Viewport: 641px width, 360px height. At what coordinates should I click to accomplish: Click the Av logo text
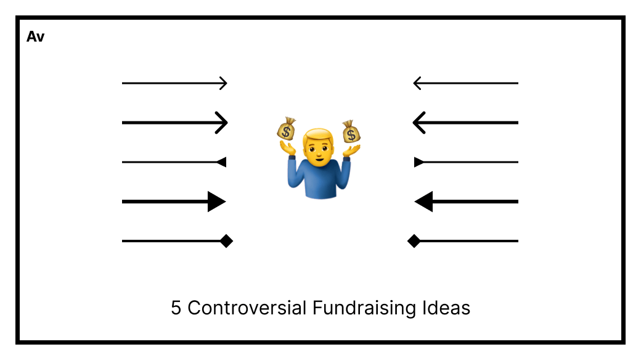point(36,37)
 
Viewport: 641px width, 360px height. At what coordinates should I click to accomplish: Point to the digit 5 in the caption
point(176,308)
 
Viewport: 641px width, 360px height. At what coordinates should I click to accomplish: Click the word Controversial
point(247,308)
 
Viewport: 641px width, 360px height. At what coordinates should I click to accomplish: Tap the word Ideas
point(446,308)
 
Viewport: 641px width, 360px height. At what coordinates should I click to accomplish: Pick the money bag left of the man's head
point(286,129)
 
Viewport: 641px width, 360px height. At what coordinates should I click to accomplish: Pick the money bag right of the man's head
point(351,132)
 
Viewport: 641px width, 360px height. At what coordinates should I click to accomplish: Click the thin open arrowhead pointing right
point(223,83)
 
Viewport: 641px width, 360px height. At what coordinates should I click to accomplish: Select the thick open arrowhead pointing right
point(221,122)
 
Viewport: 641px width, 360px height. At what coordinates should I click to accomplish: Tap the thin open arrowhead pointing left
point(417,83)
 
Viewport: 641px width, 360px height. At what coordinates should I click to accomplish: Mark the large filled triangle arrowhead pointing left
point(423,202)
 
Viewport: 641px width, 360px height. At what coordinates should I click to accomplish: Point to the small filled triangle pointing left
point(221,162)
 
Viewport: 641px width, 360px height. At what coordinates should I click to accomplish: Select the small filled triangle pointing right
point(419,162)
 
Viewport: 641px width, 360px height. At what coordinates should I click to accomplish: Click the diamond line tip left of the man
point(226,241)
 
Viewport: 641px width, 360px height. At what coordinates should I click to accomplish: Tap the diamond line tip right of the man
point(414,241)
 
